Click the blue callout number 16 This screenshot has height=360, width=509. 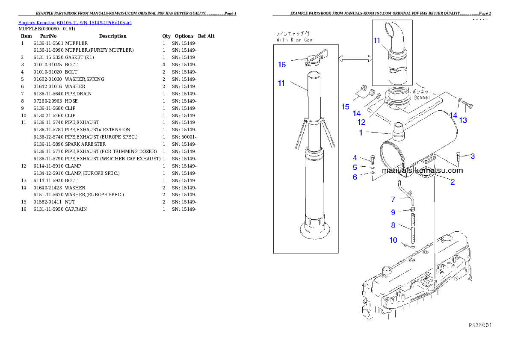281,65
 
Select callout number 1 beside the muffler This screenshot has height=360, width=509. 361,133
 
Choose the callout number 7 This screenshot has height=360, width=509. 393,199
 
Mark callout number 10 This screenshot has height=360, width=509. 393,240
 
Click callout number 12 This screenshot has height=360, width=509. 361,122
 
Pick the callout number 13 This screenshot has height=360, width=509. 463,121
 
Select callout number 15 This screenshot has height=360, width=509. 345,107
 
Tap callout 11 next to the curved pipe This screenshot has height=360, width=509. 376,41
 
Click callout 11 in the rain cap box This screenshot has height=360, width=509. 281,83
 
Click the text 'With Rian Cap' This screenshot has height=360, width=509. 294,40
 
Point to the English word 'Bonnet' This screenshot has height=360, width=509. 422,97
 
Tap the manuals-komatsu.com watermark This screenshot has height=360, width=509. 422,171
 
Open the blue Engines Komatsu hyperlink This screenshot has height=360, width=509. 75,22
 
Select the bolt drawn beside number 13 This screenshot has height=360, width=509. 469,103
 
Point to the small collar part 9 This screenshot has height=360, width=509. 413,209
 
